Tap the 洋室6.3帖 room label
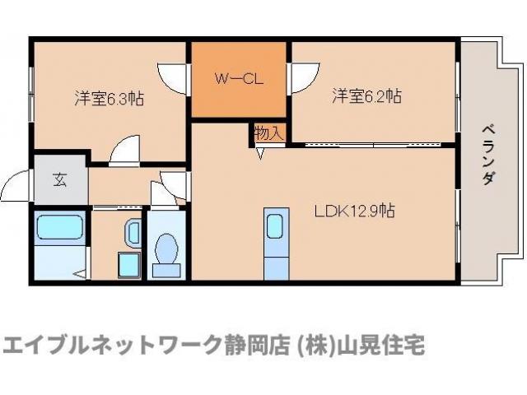point(110,99)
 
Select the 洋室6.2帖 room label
point(366,96)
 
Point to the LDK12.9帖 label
point(354,211)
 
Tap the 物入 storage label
point(268,132)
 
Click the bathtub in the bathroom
point(59,228)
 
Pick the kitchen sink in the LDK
point(274,224)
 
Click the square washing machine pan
point(128,264)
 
